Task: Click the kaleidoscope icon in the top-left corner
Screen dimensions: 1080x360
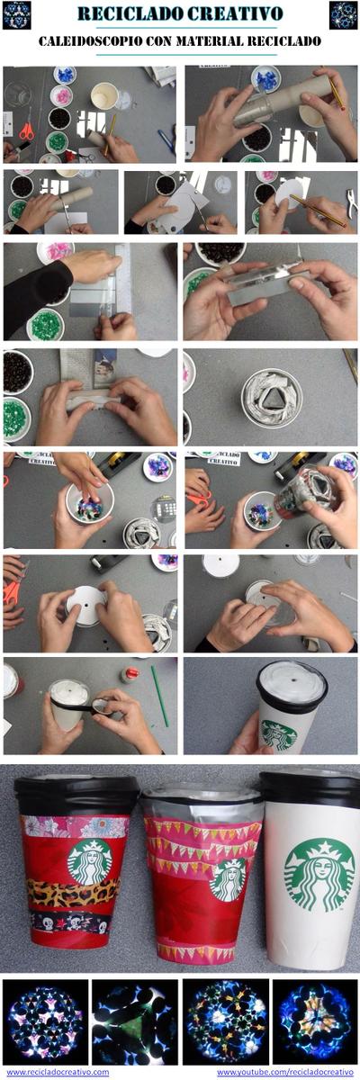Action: pos(16,14)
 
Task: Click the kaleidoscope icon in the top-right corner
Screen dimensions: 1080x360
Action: pos(343,14)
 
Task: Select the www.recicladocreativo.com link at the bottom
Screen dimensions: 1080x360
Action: pos(58,1072)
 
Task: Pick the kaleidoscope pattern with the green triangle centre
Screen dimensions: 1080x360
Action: pos(134,1021)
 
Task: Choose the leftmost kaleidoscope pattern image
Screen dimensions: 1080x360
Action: pos(45,1021)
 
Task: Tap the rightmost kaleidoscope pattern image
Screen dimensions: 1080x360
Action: pos(314,1021)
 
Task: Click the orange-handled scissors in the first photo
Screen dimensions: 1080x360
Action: pos(26,130)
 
